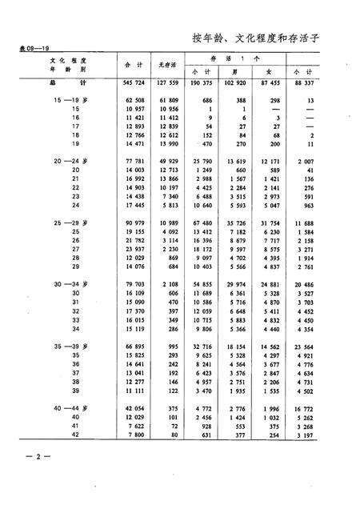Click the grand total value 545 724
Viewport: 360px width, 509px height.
pyautogui.click(x=130, y=82)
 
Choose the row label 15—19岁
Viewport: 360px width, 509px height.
pyautogui.click(x=66, y=100)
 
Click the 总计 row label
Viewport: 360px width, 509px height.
pyautogui.click(x=57, y=82)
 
